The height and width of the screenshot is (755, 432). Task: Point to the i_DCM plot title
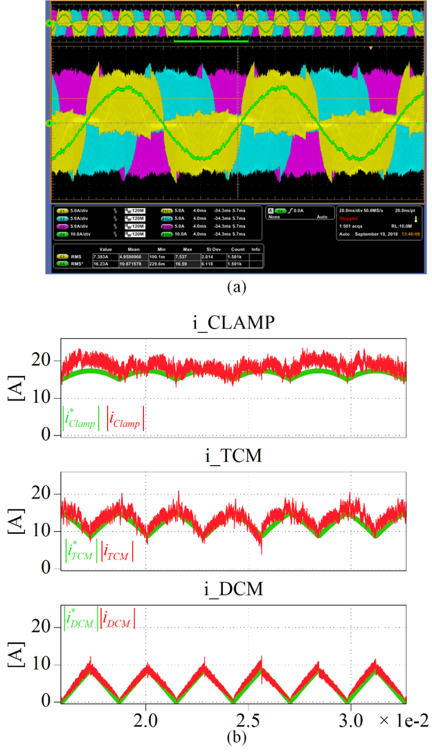[233, 590]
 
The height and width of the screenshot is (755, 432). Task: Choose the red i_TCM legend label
[117, 552]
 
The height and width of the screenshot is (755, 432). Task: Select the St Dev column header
[211, 248]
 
